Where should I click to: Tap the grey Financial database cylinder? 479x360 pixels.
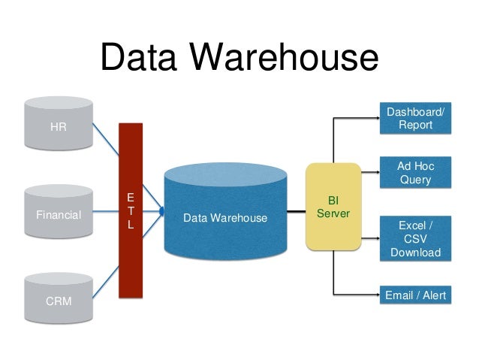click(59, 214)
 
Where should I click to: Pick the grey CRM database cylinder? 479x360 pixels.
click(59, 301)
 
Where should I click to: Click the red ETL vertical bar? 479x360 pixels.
click(130, 248)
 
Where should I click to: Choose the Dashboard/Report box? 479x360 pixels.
click(415, 119)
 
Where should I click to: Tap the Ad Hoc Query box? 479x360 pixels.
click(415, 172)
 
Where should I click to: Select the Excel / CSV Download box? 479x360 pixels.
click(415, 239)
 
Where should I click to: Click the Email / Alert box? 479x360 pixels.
click(415, 295)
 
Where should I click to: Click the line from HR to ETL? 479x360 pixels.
click(106, 141)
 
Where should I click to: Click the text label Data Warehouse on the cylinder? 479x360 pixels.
click(225, 219)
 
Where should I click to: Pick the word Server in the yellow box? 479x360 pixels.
click(333, 213)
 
